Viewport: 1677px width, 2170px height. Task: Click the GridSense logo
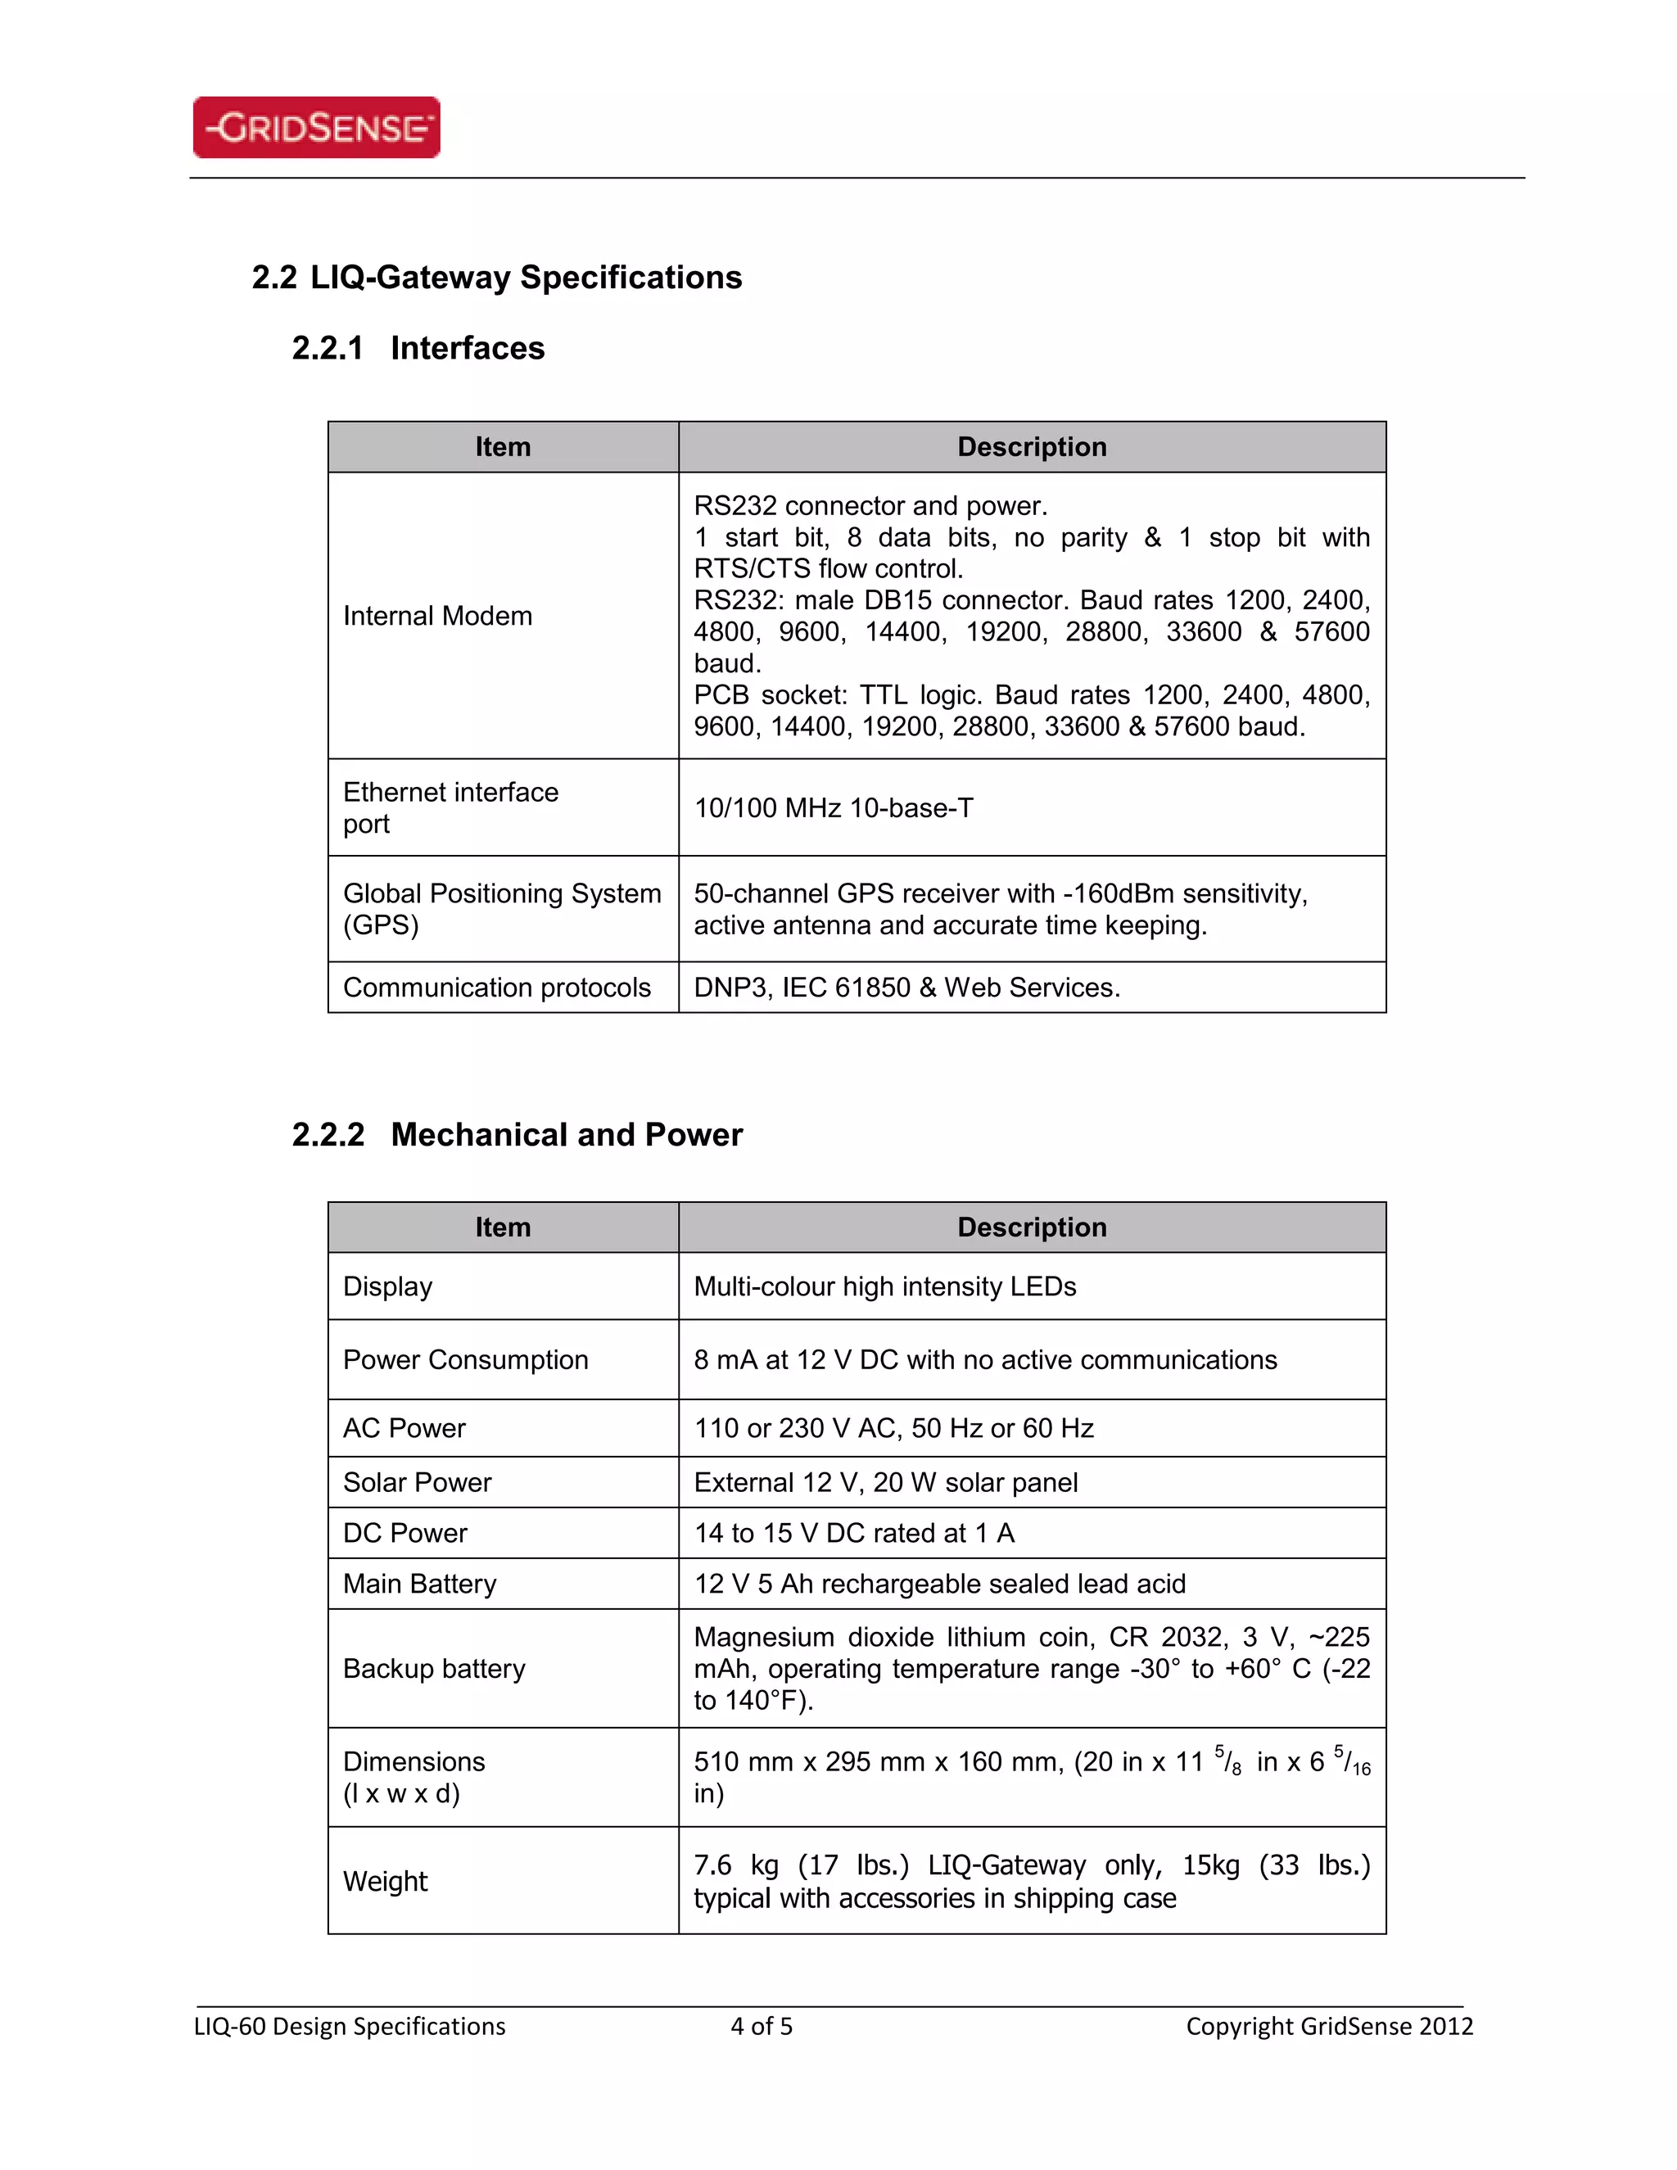pyautogui.click(x=316, y=127)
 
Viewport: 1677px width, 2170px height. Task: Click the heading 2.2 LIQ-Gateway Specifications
pyautogui.click(x=497, y=278)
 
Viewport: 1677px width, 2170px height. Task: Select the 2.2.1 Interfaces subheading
pyautogui.click(x=418, y=348)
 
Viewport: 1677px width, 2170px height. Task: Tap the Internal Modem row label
pyautogui.click(x=437, y=616)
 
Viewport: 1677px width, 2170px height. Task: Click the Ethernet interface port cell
pyautogui.click(x=450, y=807)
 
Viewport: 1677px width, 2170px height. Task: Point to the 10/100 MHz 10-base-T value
pyautogui.click(x=833, y=807)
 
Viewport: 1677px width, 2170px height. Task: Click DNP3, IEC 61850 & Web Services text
pyautogui.click(x=906, y=988)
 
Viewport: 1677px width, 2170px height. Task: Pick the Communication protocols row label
pyautogui.click(x=497, y=988)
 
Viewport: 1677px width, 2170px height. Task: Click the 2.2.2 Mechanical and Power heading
pyautogui.click(x=517, y=1135)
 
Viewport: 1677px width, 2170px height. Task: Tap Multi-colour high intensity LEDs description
pyautogui.click(x=884, y=1286)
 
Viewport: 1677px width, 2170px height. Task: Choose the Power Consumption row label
pyautogui.click(x=465, y=1359)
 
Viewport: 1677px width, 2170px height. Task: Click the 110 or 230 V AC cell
pyautogui.click(x=893, y=1428)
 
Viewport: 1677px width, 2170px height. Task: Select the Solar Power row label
pyautogui.click(x=418, y=1482)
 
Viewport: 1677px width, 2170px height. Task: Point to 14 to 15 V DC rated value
pyautogui.click(x=853, y=1533)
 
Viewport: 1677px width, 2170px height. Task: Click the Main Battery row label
pyautogui.click(x=419, y=1584)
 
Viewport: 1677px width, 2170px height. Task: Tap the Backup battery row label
pyautogui.click(x=433, y=1668)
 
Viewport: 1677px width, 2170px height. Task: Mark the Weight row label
pyautogui.click(x=386, y=1881)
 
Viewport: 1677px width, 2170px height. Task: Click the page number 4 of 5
pyautogui.click(x=761, y=2027)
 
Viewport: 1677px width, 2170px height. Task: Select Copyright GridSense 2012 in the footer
pyautogui.click(x=1328, y=2027)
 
